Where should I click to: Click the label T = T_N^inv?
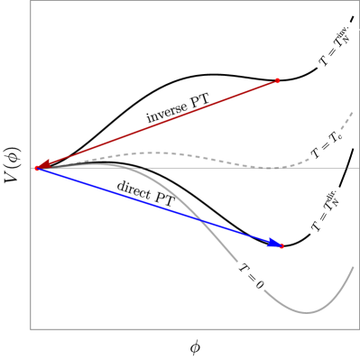pos(337,45)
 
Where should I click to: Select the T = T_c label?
pos(327,144)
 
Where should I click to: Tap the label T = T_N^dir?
pos(326,210)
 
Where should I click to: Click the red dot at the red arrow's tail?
pos(277,81)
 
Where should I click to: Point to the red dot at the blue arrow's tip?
pos(282,245)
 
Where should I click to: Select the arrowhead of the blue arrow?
pos(273,243)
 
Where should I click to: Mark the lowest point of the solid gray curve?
pos(308,312)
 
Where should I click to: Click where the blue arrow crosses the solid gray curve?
pos(201,221)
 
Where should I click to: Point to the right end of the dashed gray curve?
pos(353,112)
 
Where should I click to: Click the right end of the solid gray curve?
pos(353,267)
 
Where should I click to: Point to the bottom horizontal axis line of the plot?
pos(180,329)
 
